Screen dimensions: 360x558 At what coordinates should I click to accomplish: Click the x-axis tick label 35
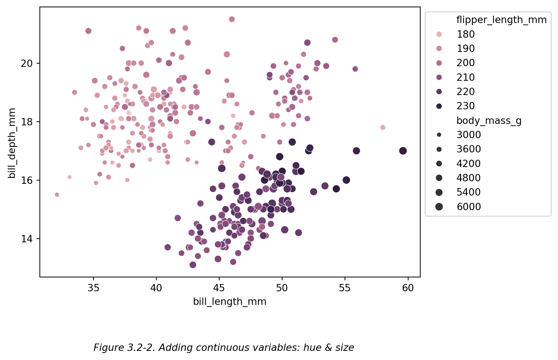[x=93, y=288]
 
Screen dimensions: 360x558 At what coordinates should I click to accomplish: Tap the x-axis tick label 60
[x=408, y=288]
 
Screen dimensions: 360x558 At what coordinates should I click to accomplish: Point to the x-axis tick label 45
[x=219, y=288]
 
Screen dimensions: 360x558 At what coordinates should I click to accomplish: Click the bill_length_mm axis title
[x=229, y=302]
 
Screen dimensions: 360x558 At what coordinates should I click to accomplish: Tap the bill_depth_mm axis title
[x=12, y=143]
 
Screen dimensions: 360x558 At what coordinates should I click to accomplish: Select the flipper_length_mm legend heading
[x=501, y=20]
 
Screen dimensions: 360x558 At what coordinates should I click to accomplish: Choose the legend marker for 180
[x=439, y=34]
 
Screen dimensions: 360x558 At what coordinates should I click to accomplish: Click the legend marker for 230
[x=439, y=106]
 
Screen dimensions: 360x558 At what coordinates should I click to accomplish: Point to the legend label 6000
[x=468, y=207]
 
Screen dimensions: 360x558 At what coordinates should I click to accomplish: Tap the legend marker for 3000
[x=439, y=135]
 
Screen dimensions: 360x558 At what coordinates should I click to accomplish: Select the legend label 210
[x=466, y=77]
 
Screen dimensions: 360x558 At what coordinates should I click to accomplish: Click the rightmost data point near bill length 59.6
[x=403, y=151]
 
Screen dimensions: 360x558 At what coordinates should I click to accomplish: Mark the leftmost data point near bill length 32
[x=57, y=195]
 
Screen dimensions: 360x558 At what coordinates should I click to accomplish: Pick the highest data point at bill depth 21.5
[x=232, y=19]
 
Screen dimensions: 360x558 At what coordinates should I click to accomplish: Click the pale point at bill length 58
[x=383, y=128]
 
